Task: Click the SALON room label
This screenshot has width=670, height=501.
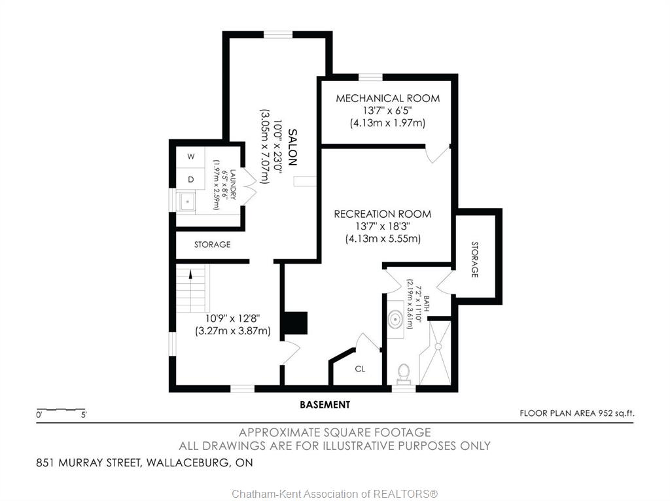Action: (292, 147)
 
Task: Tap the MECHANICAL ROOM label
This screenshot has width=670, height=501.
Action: (387, 98)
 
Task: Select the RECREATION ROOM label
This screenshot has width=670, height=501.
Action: (382, 214)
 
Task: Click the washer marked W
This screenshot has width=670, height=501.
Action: (190, 156)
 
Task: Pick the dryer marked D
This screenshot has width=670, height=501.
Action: (190, 179)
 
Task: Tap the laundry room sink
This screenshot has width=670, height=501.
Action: (186, 201)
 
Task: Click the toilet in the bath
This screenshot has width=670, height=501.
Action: (403, 372)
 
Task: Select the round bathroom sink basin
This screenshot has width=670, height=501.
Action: (396, 319)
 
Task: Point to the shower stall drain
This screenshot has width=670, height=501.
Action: (438, 347)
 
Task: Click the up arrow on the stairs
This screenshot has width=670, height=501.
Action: (190, 274)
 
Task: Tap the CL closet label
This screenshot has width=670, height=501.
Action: (360, 369)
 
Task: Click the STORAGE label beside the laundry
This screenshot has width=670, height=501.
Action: (213, 245)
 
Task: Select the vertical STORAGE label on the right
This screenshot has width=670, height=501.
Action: (474, 259)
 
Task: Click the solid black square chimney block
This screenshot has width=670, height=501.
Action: (296, 323)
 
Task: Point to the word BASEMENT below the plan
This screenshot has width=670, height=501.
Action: (325, 404)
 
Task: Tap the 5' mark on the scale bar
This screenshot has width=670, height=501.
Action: (84, 414)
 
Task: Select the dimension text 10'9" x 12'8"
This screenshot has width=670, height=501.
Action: (232, 319)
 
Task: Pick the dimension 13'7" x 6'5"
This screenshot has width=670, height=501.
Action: (387, 111)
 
